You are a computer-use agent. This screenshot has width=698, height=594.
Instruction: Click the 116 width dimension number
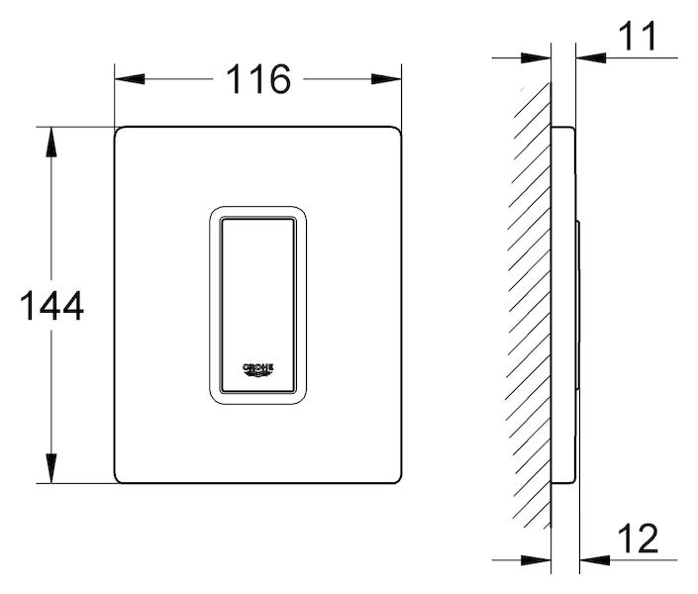[258, 79]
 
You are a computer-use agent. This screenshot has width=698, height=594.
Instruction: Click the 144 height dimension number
[51, 306]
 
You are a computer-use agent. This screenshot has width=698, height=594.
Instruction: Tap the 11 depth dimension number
[638, 36]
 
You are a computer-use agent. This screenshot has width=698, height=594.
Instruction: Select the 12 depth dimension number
[638, 538]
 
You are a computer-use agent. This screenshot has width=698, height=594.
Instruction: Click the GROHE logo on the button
[257, 370]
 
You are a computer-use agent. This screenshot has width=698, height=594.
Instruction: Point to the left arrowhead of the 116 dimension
[130, 79]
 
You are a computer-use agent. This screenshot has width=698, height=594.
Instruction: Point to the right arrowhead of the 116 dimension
[386, 79]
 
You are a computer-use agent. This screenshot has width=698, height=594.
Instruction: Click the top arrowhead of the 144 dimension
[51, 142]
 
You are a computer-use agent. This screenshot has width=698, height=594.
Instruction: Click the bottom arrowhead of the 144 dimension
[51, 468]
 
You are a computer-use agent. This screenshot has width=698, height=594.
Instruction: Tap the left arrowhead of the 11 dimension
[536, 57]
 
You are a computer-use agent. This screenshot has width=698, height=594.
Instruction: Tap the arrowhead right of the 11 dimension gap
[591, 57]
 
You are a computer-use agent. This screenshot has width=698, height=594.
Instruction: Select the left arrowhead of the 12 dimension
[536, 560]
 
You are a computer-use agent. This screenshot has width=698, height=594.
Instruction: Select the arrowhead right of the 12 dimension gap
[595, 560]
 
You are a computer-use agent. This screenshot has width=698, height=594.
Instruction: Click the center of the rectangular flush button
[258, 306]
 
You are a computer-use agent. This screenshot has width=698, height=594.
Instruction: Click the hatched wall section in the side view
[530, 307]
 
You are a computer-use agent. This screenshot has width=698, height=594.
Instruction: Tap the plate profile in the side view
[563, 305]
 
